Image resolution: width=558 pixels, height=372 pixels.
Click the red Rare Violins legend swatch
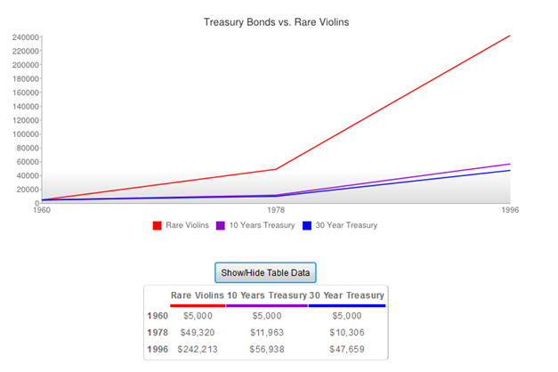tap(158, 225)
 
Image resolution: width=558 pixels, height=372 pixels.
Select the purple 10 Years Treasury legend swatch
tap(221, 225)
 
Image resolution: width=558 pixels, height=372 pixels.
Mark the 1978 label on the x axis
tap(276, 211)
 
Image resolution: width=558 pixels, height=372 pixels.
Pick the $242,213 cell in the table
tap(197, 349)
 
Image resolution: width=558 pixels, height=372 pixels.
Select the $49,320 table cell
tap(197, 332)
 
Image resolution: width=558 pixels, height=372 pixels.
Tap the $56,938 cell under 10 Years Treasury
tap(267, 349)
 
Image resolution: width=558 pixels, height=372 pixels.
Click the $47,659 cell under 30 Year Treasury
tap(347, 349)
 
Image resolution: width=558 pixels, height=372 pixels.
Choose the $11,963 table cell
tap(267, 332)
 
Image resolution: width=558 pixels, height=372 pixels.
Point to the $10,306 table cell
tap(347, 332)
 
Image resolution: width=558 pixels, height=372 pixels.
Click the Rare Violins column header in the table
tap(197, 295)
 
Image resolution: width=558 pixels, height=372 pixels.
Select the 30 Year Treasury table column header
tap(347, 295)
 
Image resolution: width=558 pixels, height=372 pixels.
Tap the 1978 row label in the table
tap(158, 332)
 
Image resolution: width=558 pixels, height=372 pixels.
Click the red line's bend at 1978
tap(276, 169)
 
